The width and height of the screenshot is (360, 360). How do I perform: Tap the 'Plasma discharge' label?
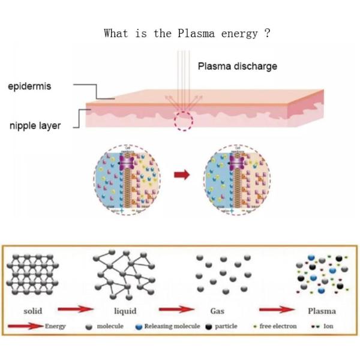tap(238, 66)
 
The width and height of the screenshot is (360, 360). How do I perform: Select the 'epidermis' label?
tap(29, 86)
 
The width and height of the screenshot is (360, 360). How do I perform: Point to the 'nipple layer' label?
tap(35, 126)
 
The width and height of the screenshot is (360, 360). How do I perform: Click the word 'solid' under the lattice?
tap(32, 311)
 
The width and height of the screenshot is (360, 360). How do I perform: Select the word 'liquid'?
tap(125, 311)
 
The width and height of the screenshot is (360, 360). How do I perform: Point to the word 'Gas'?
tap(217, 311)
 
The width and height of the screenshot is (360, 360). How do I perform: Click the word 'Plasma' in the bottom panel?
tap(321, 311)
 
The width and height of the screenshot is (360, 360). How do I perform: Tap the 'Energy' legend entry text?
tap(55, 326)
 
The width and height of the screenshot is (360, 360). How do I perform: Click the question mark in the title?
tap(267, 34)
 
